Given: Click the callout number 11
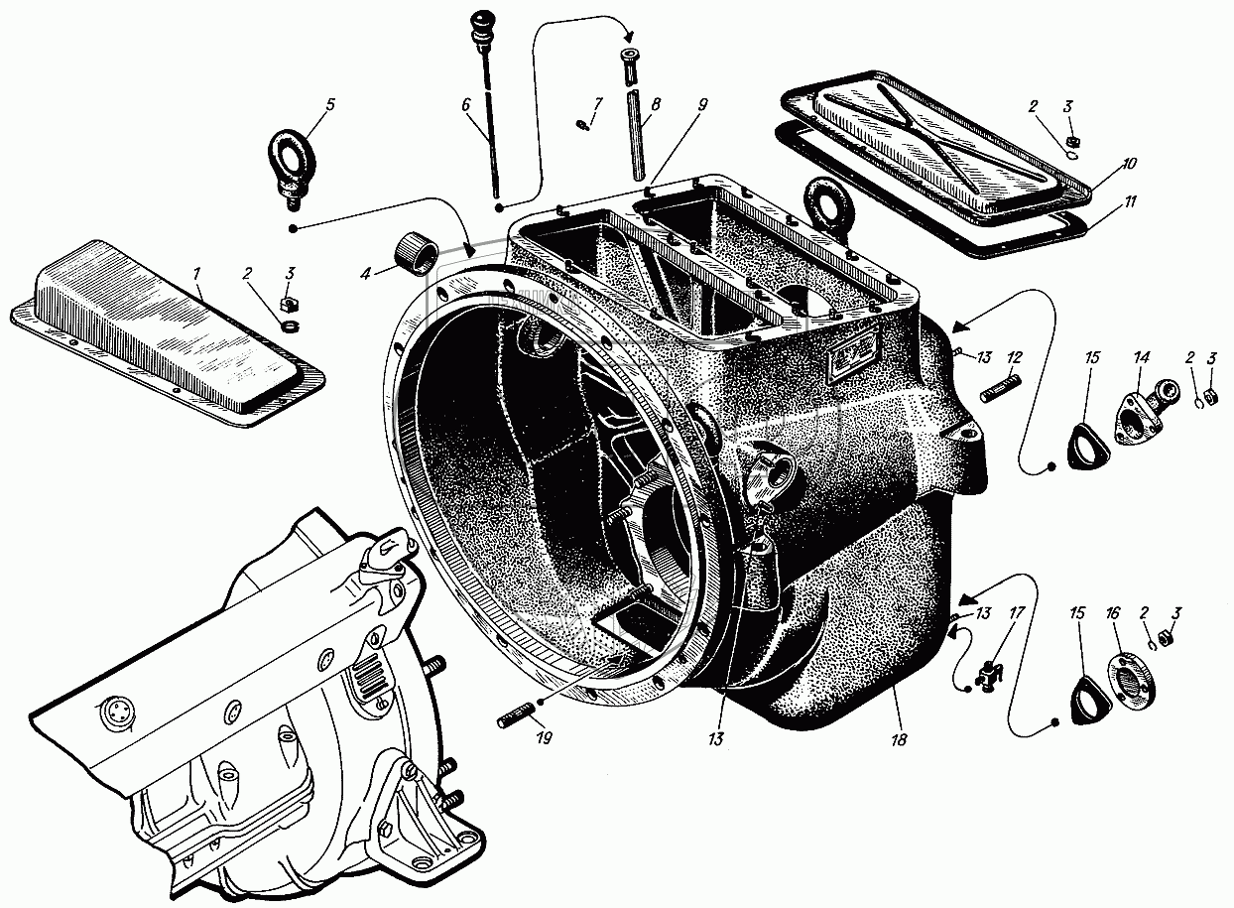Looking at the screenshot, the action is click(x=1131, y=200).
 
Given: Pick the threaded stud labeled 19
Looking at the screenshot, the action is click(x=515, y=716).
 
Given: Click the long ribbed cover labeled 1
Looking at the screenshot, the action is click(x=169, y=342).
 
